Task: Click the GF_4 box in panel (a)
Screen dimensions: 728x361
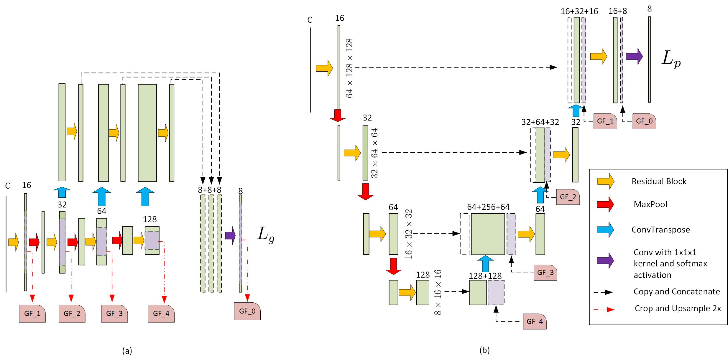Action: point(161,313)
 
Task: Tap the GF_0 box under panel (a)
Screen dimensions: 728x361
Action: point(247,311)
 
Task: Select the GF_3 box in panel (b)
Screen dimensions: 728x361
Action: point(545,273)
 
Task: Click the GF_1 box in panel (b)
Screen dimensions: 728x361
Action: point(605,121)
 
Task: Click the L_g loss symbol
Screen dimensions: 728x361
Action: point(266,235)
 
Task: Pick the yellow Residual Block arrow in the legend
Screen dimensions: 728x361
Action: point(605,181)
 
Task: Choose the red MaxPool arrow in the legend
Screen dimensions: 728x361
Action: point(605,204)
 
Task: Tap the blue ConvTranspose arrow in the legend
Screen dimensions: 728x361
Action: point(605,230)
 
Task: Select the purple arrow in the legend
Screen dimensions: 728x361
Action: point(605,261)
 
